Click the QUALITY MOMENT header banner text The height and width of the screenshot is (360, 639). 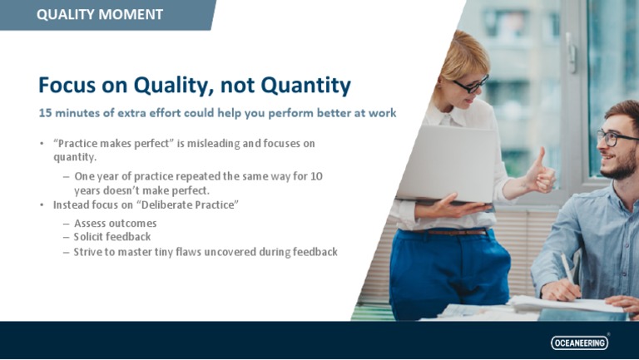click(100, 14)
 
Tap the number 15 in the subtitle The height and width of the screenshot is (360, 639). click(47, 112)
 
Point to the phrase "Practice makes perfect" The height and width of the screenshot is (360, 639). click(112, 144)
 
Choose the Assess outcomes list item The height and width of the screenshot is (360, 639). click(115, 224)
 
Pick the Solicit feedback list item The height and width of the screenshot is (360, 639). click(112, 237)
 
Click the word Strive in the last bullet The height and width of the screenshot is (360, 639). click(89, 252)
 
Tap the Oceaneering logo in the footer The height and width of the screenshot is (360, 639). click(580, 343)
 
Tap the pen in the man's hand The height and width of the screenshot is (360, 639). click(567, 270)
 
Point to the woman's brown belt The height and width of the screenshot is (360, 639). click(453, 232)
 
